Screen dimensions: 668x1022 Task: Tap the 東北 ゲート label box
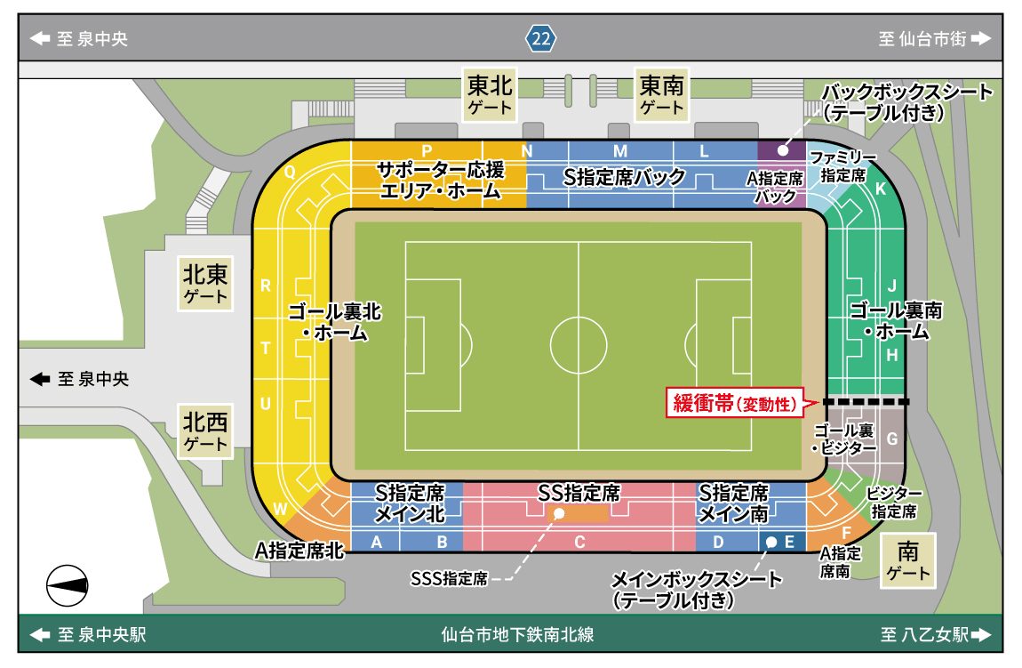click(x=490, y=95)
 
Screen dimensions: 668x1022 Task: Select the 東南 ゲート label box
click(x=662, y=95)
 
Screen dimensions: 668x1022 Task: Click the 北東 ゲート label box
click(x=206, y=283)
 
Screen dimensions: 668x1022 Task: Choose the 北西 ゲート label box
click(x=206, y=429)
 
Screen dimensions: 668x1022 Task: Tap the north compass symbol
click(x=68, y=584)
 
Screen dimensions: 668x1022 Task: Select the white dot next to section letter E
click(x=770, y=542)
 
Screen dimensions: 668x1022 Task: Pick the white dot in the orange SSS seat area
click(x=559, y=514)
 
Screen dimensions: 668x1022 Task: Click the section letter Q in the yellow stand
click(x=290, y=174)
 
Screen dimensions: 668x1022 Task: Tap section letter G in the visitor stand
click(x=892, y=439)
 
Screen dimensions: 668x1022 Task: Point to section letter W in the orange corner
click(x=281, y=510)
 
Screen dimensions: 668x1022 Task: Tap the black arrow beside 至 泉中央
click(x=40, y=379)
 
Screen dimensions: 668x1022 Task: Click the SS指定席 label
click(x=579, y=492)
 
